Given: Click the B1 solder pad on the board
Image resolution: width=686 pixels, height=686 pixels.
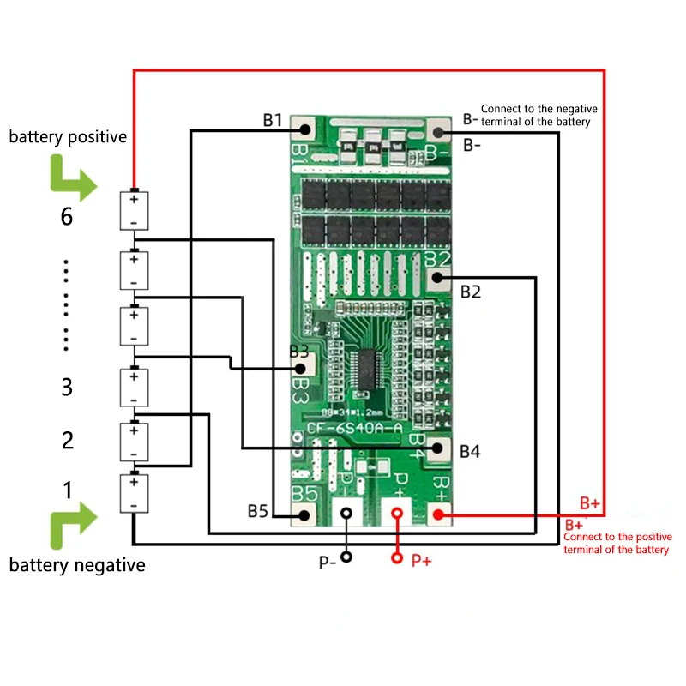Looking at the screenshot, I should tap(304, 130).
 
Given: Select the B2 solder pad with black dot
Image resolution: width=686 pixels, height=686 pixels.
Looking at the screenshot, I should tap(439, 277).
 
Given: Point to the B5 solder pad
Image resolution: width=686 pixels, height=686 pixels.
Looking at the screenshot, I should tap(304, 514).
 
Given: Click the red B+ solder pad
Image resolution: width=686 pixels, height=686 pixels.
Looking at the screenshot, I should tap(438, 514).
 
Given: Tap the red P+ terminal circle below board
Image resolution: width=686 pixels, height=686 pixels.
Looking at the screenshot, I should tap(397, 558).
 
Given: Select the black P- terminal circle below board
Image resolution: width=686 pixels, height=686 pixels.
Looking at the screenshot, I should tap(346, 557).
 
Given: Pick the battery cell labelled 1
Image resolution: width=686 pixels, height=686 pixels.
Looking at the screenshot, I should tap(134, 494).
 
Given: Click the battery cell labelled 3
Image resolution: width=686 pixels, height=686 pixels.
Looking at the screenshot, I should tap(134, 388).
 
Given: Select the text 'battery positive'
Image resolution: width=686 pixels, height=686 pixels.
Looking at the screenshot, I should tap(69, 136).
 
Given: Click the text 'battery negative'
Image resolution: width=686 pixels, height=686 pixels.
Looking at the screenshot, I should tap(77, 565).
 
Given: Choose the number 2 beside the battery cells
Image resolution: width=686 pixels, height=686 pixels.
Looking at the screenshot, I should tap(67, 441).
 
